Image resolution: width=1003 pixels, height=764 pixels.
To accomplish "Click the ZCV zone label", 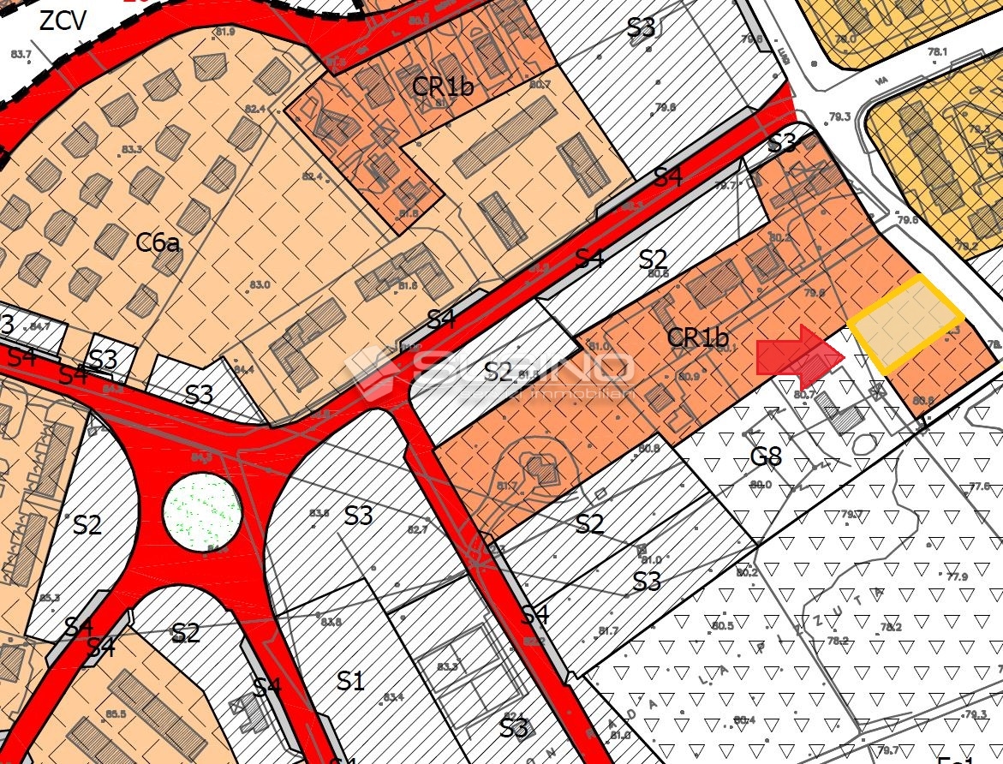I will pyautogui.click(x=63, y=21).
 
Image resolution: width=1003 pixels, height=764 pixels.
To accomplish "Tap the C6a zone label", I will pyautogui.click(x=158, y=244).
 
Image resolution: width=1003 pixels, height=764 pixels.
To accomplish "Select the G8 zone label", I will pyautogui.click(x=766, y=455).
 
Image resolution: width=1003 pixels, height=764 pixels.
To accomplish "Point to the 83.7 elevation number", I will pyautogui.click(x=21, y=54).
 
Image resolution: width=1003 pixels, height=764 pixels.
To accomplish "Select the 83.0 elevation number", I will pyautogui.click(x=260, y=285).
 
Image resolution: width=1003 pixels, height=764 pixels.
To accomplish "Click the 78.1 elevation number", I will pyautogui.click(x=938, y=51).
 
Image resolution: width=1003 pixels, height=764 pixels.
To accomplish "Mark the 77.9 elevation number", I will pyautogui.click(x=957, y=576).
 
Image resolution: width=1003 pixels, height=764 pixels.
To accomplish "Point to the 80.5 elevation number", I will pyautogui.click(x=723, y=626).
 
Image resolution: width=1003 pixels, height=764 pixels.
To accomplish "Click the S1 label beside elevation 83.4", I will pyautogui.click(x=349, y=682).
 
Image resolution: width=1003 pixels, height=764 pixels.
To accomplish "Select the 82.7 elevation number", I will pyautogui.click(x=417, y=530).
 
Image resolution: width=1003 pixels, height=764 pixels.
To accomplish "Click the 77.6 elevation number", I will pyautogui.click(x=980, y=486).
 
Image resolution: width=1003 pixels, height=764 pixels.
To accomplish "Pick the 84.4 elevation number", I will pyautogui.click(x=244, y=370).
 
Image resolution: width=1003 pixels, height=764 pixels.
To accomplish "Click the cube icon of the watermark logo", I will pyautogui.click(x=369, y=369).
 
